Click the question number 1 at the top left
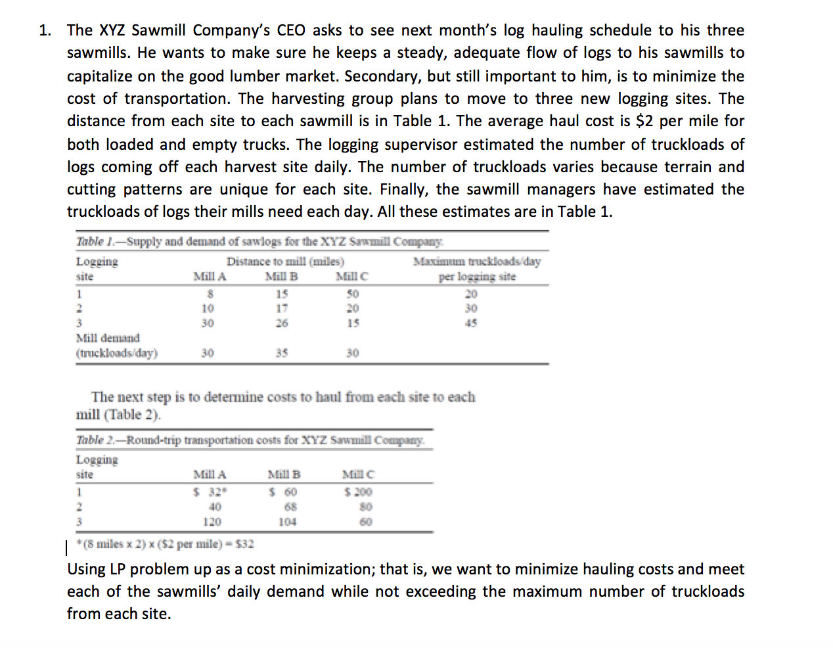44,30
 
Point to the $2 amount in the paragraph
646,121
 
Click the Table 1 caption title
259,241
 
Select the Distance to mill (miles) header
285,261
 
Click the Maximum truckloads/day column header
477,262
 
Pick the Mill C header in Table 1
351,277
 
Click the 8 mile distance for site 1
210,294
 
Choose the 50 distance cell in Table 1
353,294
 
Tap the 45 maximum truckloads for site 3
471,323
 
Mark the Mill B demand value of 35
281,353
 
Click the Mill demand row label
108,338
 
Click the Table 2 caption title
250,440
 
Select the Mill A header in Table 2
210,474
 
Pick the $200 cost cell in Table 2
358,492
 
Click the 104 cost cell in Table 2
287,522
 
